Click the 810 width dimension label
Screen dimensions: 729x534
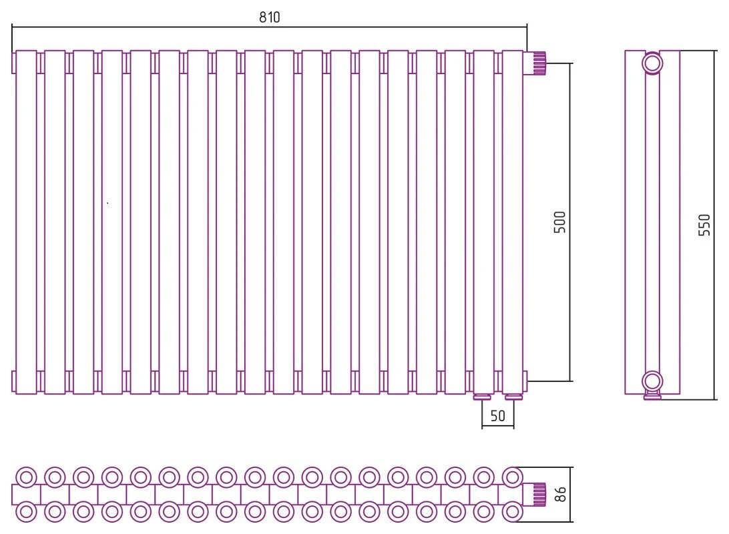tap(270, 17)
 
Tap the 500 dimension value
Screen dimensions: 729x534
tap(559, 222)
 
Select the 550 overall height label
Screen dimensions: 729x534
tap(704, 225)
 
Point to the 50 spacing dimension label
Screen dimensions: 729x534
tap(497, 415)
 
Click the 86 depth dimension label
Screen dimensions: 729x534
tap(561, 494)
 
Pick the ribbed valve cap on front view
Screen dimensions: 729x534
tap(539, 63)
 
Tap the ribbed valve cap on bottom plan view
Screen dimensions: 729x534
tap(539, 495)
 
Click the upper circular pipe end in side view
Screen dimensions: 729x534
tap(652, 63)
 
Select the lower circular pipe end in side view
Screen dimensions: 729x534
tap(652, 382)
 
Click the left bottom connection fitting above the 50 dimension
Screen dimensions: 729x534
tap(482, 397)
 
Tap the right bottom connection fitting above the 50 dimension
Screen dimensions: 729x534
tap(514, 397)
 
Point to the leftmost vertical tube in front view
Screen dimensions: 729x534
tap(26, 222)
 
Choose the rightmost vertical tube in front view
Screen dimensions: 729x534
tap(512, 222)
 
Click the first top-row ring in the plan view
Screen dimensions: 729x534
tap(26, 477)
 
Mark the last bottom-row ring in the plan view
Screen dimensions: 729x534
tap(512, 512)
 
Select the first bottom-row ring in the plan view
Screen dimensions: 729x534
tap(26, 512)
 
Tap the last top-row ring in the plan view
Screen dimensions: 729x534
tap(512, 477)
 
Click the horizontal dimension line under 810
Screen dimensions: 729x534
tap(270, 27)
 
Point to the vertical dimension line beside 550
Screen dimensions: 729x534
tap(714, 225)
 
